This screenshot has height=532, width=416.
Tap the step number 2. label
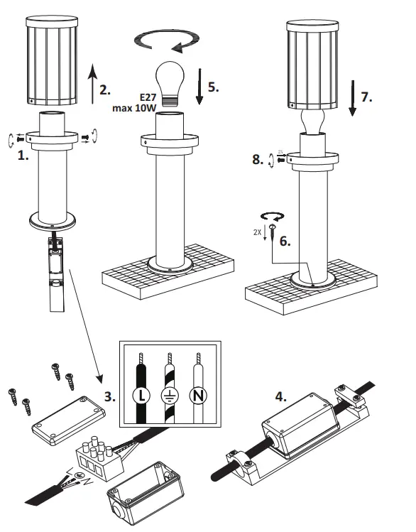[x=106, y=90]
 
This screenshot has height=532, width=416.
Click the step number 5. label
[x=212, y=87]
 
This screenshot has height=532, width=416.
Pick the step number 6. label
[x=285, y=241]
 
